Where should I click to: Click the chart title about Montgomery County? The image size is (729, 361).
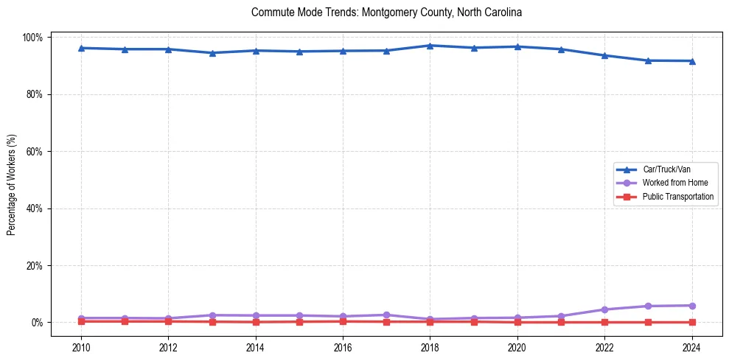[x=386, y=13]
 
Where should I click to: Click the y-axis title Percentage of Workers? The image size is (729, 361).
[x=12, y=180]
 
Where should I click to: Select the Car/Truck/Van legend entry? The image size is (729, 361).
[x=666, y=169]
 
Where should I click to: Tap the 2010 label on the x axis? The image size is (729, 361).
[x=81, y=347]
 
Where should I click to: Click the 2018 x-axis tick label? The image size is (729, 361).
[x=430, y=347]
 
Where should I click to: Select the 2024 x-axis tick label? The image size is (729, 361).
[x=691, y=347]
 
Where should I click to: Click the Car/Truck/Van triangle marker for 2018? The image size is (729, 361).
[x=430, y=46]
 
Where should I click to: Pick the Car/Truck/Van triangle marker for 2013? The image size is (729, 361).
[x=212, y=53]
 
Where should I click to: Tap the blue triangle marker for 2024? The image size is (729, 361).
[x=691, y=60]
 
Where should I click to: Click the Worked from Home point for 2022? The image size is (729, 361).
[x=604, y=309]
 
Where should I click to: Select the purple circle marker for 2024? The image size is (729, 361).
[x=691, y=306]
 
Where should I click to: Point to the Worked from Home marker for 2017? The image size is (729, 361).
[x=386, y=315]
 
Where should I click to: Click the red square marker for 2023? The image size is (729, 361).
[x=648, y=322]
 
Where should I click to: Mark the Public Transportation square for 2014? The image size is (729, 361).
[x=256, y=322]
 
